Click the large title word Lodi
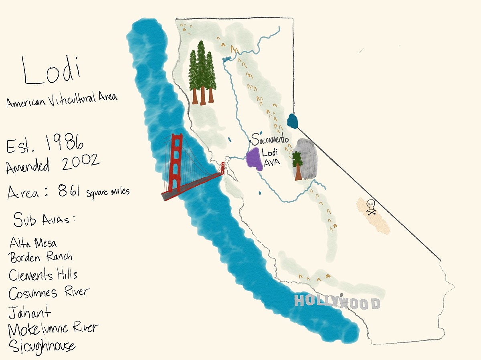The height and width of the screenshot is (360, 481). click(51, 71)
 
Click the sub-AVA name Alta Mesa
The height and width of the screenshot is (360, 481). click(34, 243)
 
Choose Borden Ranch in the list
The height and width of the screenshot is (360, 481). click(40, 257)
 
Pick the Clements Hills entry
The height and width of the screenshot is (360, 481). click(43, 275)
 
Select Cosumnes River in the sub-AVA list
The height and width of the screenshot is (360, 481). click(49, 292)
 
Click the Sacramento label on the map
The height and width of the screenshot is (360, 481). click(270, 141)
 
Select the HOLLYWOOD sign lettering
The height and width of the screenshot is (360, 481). click(337, 302)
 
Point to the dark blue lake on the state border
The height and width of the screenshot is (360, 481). click(293, 121)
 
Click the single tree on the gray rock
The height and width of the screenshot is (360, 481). click(297, 165)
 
